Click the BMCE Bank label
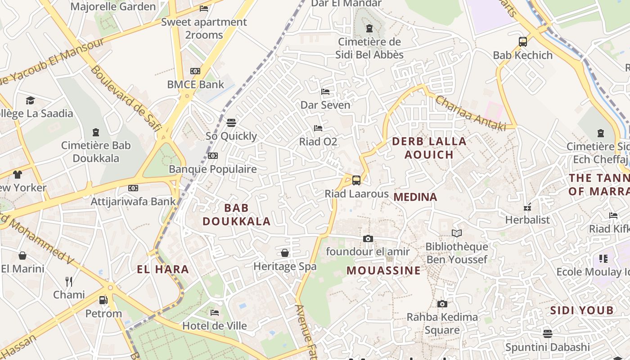point(195,84)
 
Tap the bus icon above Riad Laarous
point(356,180)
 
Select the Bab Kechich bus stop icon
point(522,42)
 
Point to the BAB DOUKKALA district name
point(236,215)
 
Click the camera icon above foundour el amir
point(368,238)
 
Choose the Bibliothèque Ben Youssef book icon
point(457,233)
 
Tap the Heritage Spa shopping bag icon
point(285,253)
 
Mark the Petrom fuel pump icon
point(103,300)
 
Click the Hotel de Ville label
point(215,325)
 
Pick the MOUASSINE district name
point(384,270)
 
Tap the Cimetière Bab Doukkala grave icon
point(95,132)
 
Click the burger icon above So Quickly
point(231,123)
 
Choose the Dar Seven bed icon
point(325,92)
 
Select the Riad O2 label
point(318,142)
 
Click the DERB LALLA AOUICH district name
point(429,148)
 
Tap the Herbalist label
point(527,220)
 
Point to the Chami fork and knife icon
point(69,282)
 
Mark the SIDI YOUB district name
point(582,310)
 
